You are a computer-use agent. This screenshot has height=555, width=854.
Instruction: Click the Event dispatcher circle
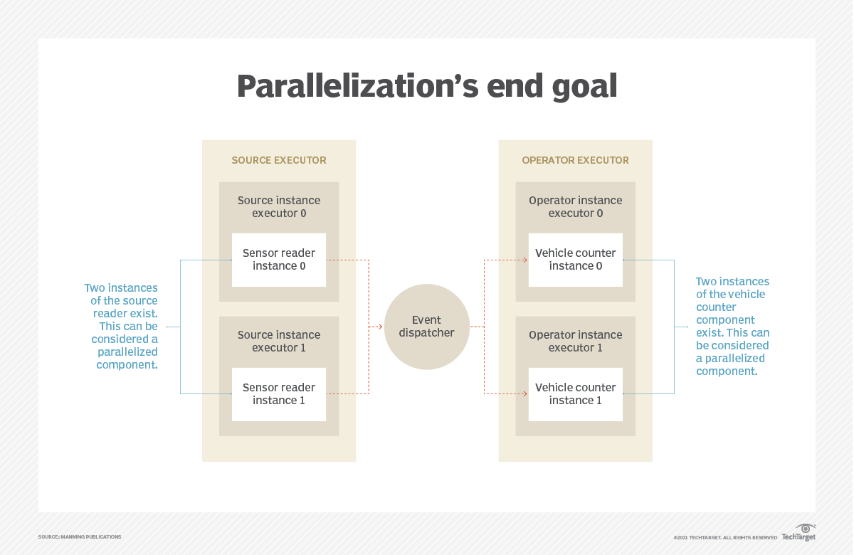[426, 327]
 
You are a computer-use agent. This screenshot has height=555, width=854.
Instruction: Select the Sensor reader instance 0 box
[279, 260]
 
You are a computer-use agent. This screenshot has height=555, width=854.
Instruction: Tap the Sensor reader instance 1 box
[279, 394]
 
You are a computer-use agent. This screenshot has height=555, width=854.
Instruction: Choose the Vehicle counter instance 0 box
[575, 260]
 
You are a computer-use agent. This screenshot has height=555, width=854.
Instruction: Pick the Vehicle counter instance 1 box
[575, 394]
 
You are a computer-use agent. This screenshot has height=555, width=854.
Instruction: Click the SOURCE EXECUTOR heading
[279, 160]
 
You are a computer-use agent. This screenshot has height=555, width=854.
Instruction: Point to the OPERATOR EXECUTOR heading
[575, 160]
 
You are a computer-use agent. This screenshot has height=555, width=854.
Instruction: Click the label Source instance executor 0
[279, 207]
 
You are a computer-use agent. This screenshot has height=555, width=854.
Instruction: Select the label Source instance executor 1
[279, 342]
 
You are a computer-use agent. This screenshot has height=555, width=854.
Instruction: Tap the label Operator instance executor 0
[575, 207]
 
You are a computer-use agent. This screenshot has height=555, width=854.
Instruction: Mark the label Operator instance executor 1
[575, 342]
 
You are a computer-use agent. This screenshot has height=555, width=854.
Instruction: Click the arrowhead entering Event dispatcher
[380, 327]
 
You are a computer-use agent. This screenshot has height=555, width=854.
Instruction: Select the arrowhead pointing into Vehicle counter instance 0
[524, 260]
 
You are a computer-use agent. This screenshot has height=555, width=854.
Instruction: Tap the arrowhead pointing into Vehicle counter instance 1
[524, 393]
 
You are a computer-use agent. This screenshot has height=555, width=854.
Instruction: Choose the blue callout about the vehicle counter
[732, 327]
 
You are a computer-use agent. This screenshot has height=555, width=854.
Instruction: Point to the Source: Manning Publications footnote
[80, 536]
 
